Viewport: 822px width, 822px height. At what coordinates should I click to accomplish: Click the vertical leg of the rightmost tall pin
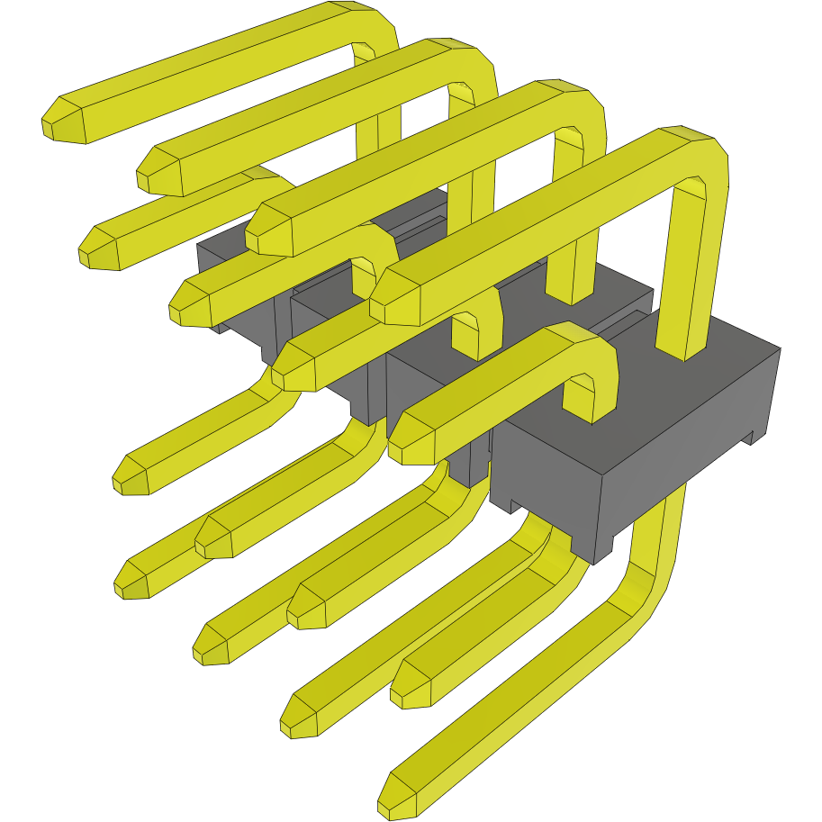point(686,270)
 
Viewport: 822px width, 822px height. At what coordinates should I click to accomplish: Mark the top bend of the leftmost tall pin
point(369,27)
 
